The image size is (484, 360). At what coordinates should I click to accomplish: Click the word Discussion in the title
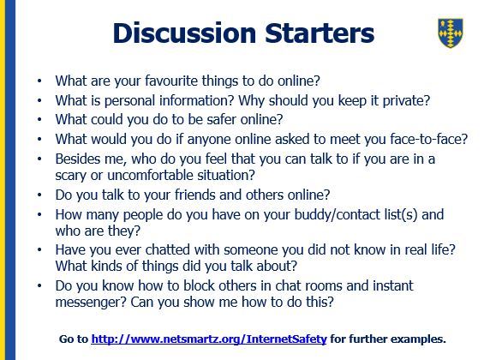tap(184, 33)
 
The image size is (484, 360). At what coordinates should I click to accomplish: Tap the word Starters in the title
tap(320, 33)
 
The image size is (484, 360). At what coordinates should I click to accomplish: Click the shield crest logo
tap(451, 33)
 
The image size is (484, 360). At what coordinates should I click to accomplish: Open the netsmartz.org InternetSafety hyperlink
tap(209, 339)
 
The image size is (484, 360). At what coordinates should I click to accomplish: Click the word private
tap(406, 101)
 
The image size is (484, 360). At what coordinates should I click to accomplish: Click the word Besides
tap(75, 159)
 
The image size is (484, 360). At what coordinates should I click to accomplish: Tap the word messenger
tap(91, 303)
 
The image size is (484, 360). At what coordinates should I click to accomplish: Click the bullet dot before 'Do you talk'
tap(39, 195)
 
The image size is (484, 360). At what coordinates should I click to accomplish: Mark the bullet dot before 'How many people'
tap(39, 214)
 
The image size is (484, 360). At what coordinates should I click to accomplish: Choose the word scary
tap(71, 176)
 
